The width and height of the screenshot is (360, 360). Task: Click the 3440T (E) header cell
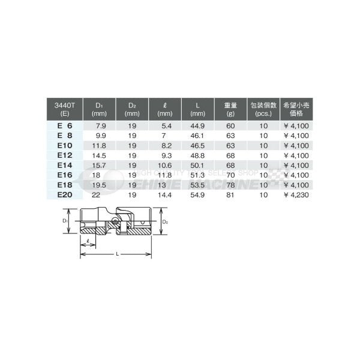(x=62, y=108)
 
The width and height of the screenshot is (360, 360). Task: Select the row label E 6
(x=64, y=127)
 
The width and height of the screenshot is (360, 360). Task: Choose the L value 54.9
(x=197, y=196)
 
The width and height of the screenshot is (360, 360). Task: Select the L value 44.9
(x=197, y=127)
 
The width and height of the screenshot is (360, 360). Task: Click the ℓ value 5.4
(x=167, y=127)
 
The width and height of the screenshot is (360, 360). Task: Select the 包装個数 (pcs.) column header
(x=262, y=108)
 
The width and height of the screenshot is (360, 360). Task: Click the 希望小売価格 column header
(x=296, y=108)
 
